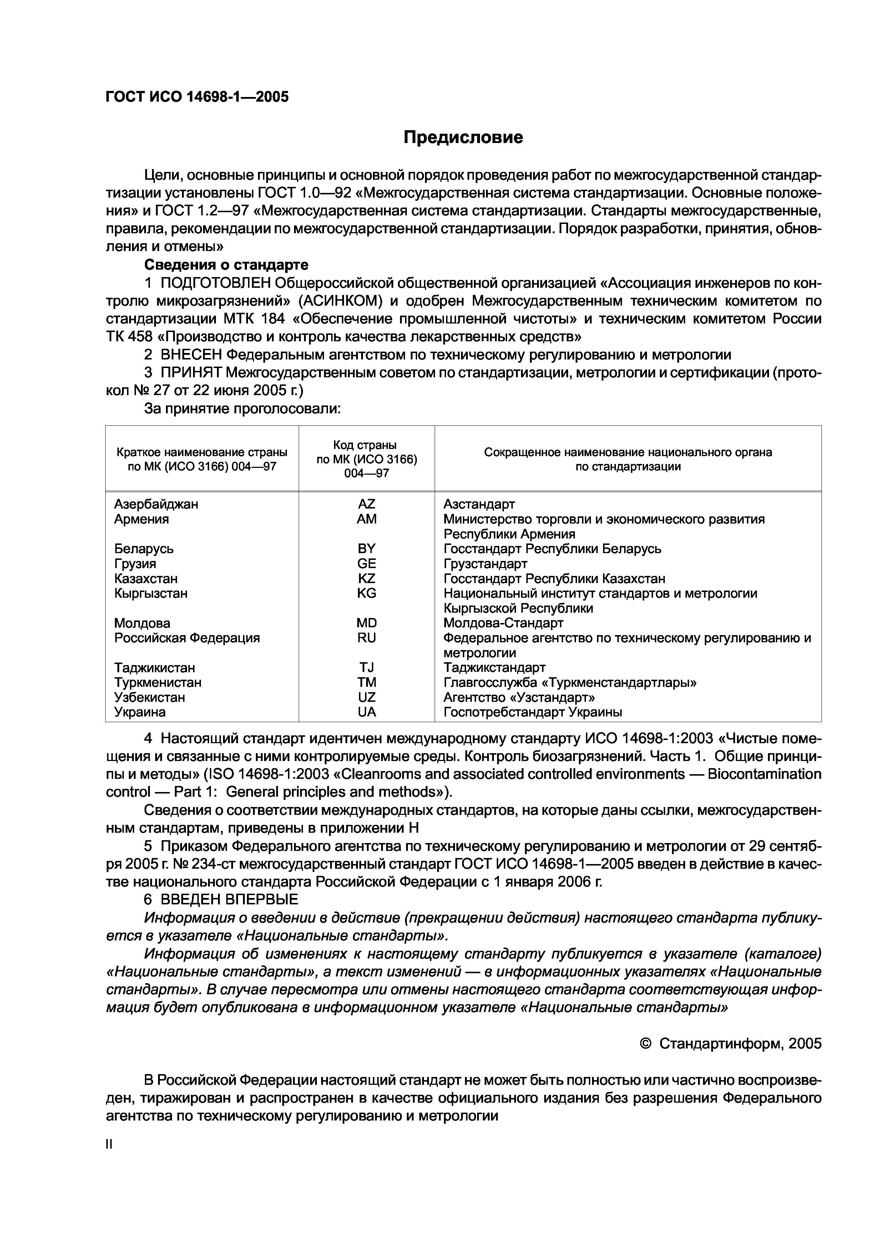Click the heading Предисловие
coord(463,137)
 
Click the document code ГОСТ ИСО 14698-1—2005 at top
coord(197,97)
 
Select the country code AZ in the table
coord(366,504)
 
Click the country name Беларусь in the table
coord(144,549)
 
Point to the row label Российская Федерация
coord(187,638)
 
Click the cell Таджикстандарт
coord(494,668)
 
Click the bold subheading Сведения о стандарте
coord(226,265)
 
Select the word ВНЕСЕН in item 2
coord(191,355)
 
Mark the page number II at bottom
coord(109,1145)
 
